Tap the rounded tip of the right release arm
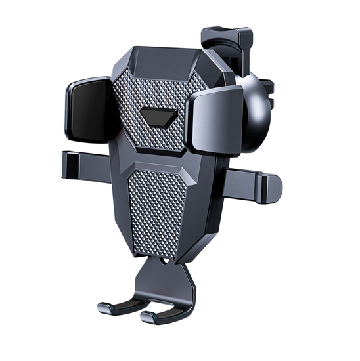[x=274, y=188]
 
